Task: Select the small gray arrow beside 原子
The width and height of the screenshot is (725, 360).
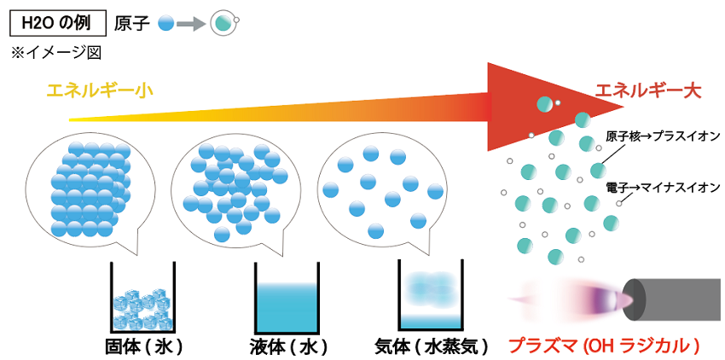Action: coord(193,24)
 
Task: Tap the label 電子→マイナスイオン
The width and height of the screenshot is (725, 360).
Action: coord(663,188)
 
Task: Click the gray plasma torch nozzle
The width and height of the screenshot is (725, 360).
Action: coord(678,299)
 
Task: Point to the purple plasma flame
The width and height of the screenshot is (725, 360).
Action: coord(601,299)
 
